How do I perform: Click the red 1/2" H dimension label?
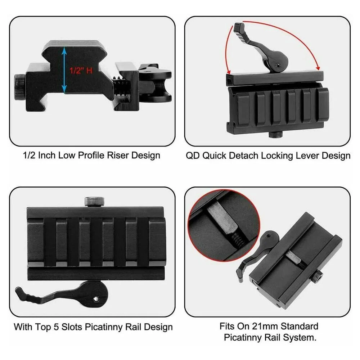point(81,70)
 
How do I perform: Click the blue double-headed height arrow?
point(64,70)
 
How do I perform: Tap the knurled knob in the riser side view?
point(19,87)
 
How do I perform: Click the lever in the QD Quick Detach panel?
point(264,48)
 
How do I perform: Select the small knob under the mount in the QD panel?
point(275,135)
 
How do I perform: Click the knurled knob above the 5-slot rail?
point(94,201)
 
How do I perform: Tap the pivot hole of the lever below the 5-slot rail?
point(96,299)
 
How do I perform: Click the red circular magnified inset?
point(224,225)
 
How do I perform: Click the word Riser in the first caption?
point(118,156)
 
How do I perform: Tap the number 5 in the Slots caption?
point(56,327)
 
